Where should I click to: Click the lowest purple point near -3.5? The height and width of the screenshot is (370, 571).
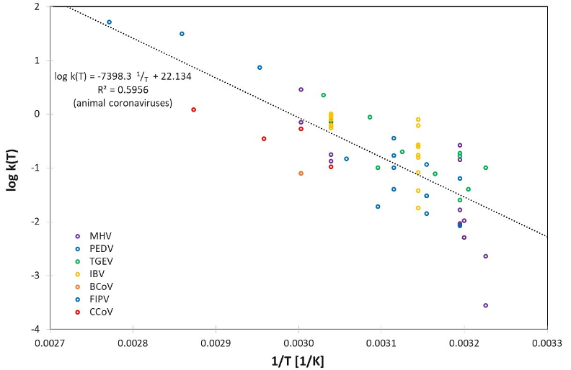[x=486, y=305]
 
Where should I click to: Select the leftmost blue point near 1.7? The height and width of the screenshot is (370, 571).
[x=109, y=22]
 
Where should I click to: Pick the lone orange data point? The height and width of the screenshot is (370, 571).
[x=301, y=173]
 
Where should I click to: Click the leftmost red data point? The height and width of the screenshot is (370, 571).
[x=194, y=109]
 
